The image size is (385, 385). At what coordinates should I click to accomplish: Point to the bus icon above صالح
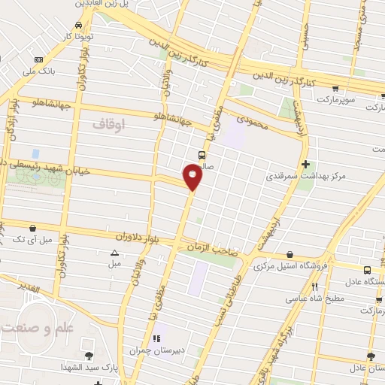click(x=202, y=154)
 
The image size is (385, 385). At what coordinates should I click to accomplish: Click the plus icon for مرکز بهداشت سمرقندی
click(x=305, y=164)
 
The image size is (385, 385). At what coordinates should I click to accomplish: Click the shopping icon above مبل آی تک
click(x=32, y=228)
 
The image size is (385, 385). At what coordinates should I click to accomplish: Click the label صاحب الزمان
click(x=215, y=253)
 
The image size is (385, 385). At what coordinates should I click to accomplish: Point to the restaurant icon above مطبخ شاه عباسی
click(x=315, y=286)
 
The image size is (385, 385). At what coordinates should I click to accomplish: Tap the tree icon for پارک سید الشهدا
click(x=89, y=355)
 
